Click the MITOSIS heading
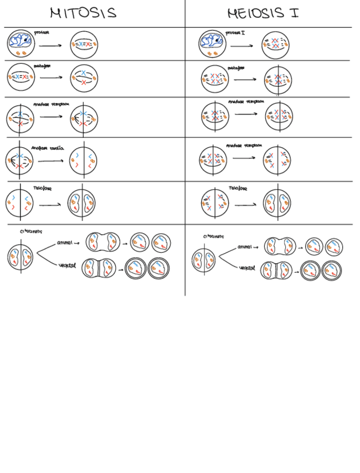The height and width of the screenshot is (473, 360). pyautogui.click(x=83, y=13)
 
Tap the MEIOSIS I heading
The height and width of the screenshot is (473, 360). pyautogui.click(x=262, y=13)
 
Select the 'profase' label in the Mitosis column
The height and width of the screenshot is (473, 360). pyautogui.click(x=41, y=32)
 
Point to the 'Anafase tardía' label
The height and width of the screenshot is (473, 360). pyautogui.click(x=47, y=148)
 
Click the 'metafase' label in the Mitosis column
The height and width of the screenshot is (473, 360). pyautogui.click(x=42, y=66)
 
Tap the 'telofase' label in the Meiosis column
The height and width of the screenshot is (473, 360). pyautogui.click(x=238, y=188)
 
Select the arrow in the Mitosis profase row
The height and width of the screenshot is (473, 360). pyautogui.click(x=51, y=46)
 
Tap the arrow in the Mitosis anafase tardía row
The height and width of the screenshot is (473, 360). pyautogui.click(x=50, y=162)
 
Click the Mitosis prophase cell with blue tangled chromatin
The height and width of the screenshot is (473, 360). pyautogui.click(x=21, y=44)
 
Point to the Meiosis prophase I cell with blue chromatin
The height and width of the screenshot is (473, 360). pyautogui.click(x=212, y=44)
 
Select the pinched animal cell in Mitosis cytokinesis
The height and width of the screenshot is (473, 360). pyautogui.click(x=103, y=243)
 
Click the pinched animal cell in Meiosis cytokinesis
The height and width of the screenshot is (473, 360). pyautogui.click(x=280, y=246)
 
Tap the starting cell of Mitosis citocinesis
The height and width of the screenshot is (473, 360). pyautogui.click(x=21, y=258)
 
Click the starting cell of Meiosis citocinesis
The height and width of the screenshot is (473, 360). pyautogui.click(x=205, y=260)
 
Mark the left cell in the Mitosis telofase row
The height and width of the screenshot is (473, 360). pyautogui.click(x=20, y=202)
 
